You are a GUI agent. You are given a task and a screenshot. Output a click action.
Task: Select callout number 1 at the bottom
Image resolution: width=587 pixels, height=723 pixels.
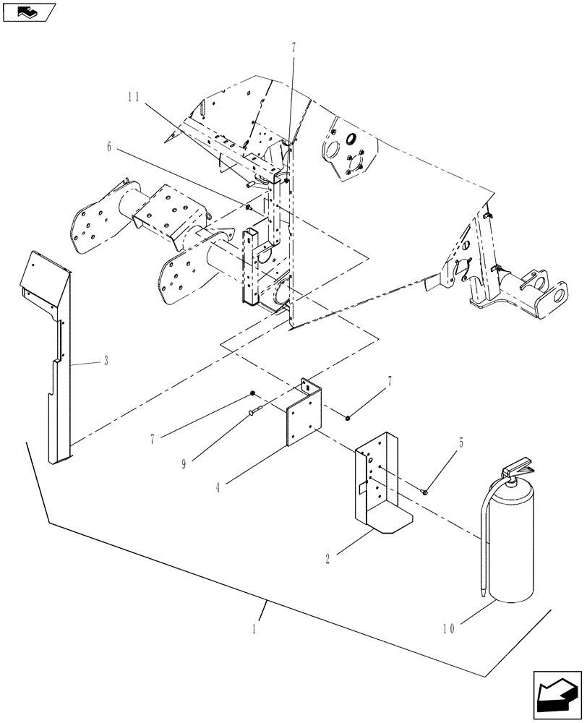pos(254,629)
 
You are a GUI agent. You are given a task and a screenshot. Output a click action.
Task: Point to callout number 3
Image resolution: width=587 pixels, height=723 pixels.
pos(106,361)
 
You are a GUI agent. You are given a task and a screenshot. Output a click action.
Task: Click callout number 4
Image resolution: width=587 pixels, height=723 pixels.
pos(218,487)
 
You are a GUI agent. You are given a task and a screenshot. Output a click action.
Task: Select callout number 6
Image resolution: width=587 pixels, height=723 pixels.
pos(109,146)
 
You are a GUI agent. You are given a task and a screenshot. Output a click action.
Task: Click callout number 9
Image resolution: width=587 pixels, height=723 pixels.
pos(184,464)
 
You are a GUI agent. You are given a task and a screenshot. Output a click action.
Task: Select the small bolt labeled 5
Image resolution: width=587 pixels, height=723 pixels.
pos(425,492)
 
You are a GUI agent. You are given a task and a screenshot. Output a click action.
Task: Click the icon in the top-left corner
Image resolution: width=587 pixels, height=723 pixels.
pos(29,12)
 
